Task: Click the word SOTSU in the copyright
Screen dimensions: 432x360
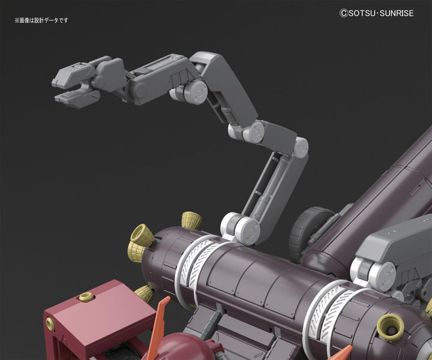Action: [x=361, y=13]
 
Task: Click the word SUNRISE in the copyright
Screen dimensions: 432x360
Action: [x=397, y=13]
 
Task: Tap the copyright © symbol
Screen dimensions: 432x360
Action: [x=344, y=13]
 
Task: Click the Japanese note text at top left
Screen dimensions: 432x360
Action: [x=41, y=20]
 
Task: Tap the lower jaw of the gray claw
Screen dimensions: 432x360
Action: [x=77, y=98]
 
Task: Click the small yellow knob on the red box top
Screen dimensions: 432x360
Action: [x=87, y=296]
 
